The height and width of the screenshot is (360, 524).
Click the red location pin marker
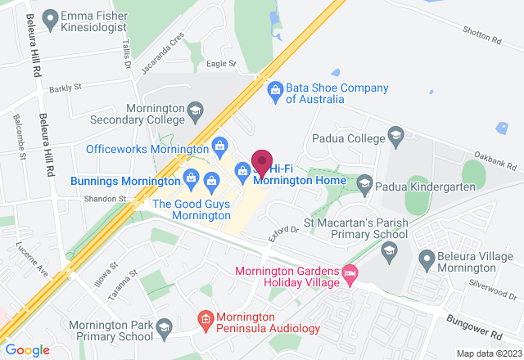[x=262, y=161]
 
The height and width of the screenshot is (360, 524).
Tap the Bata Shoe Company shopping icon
[x=275, y=88]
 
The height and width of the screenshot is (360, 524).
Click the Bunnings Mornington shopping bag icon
[x=191, y=175]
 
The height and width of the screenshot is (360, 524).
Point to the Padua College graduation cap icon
[x=395, y=134]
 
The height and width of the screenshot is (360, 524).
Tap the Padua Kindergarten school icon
[x=365, y=181]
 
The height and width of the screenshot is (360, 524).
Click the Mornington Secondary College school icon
[x=195, y=109]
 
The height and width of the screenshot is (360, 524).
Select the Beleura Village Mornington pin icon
[x=426, y=261]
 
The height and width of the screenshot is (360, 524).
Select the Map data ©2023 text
[x=487, y=353]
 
